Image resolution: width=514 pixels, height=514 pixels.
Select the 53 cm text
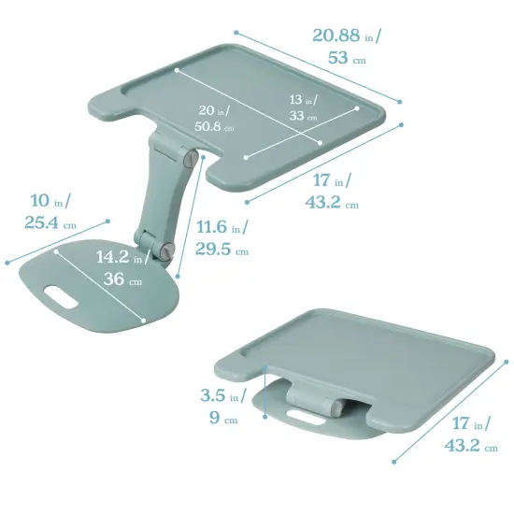(x=344, y=58)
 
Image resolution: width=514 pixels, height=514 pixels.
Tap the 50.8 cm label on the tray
(x=214, y=126)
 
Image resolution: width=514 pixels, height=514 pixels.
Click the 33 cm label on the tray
(x=300, y=117)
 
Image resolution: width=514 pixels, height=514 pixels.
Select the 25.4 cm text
(x=50, y=223)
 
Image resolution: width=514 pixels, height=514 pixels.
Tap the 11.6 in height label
(x=221, y=227)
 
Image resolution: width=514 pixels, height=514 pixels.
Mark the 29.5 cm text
(x=221, y=250)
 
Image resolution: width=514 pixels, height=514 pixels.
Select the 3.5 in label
(x=223, y=396)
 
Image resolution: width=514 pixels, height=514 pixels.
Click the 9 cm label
(x=223, y=419)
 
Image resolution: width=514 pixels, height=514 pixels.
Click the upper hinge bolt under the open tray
(x=192, y=160)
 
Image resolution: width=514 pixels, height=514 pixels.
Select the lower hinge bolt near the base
(x=166, y=250)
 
